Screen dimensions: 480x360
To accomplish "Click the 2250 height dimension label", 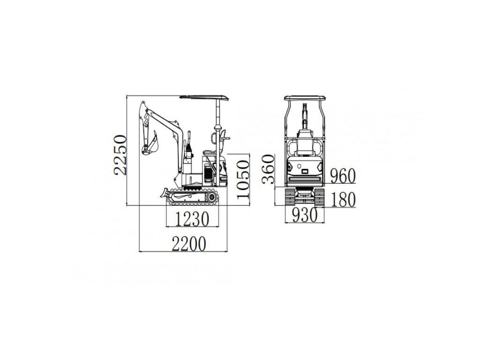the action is [x=120, y=155].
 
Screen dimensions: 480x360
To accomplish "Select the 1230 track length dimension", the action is [x=192, y=219].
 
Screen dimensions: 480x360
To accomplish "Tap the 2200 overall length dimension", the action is [x=189, y=244].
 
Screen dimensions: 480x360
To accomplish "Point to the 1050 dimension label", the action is [x=243, y=180].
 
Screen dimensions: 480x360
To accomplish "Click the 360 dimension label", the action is [x=268, y=169].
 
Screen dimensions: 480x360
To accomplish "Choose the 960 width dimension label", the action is [x=343, y=176].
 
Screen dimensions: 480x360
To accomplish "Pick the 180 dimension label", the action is [x=343, y=200].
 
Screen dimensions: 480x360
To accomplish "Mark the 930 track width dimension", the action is [x=305, y=215].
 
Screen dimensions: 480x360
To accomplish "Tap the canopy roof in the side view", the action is [x=204, y=97].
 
